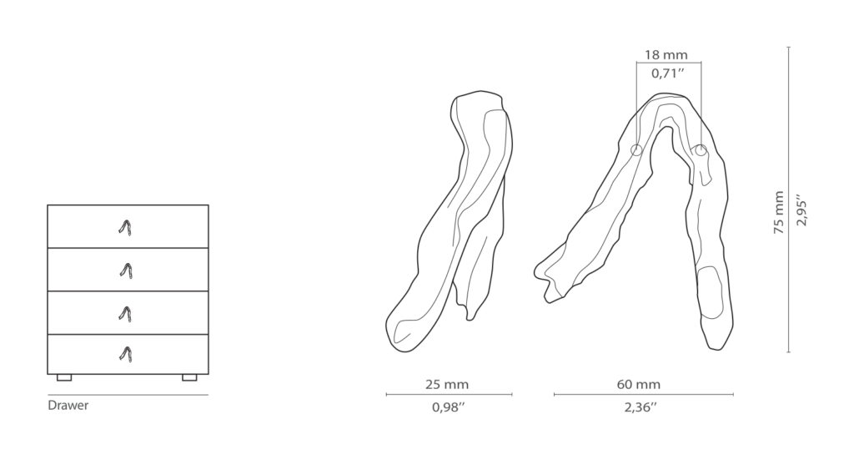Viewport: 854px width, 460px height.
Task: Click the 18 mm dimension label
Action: [666, 55]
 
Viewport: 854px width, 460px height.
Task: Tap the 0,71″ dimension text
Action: [668, 73]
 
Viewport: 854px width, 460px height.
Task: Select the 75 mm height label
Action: [779, 213]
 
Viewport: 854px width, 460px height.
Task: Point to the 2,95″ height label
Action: [801, 210]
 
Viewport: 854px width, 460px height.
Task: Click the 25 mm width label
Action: [447, 384]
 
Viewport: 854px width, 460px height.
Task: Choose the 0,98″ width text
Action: [448, 407]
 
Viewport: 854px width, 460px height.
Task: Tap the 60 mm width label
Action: [638, 384]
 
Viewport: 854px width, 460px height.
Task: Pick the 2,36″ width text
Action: [640, 407]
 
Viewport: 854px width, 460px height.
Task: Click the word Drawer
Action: [68, 406]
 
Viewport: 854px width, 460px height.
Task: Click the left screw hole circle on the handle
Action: [636, 150]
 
